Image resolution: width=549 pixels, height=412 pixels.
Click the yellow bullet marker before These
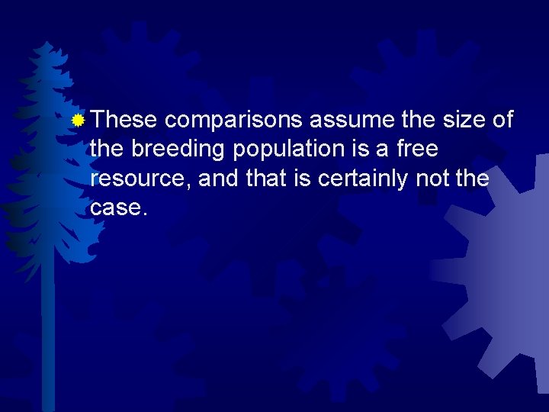pos(77,120)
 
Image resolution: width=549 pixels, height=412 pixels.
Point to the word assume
pos(341,120)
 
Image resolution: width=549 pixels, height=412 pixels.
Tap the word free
pos(416,149)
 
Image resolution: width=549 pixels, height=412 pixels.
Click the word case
pos(117,207)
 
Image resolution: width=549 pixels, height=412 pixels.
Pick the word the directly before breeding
pos(108,149)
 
